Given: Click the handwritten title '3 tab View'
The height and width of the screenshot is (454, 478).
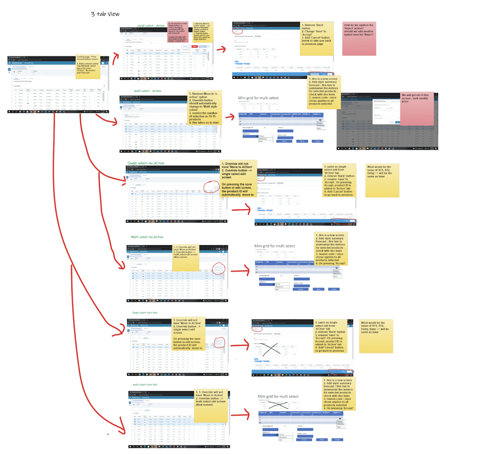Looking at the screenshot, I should pos(105,14).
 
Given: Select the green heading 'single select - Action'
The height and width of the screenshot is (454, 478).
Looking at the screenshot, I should pos(151,26).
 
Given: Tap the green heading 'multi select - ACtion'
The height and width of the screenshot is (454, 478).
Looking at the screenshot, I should pos(147,91).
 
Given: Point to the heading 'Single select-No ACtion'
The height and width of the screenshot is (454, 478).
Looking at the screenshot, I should pos(146,163).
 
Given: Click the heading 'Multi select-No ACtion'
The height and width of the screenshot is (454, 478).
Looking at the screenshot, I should pos(147,237).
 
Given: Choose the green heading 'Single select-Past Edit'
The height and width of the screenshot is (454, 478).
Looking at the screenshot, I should pos(145,313).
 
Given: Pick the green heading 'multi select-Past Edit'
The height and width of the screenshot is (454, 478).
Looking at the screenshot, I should pos(145,384).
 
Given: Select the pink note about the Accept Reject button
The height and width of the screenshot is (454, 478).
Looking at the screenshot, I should pos(178,32).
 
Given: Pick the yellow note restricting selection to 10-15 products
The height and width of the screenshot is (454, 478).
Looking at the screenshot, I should pos(203,108).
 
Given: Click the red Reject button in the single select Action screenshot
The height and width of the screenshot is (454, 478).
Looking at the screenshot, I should pos(195,47).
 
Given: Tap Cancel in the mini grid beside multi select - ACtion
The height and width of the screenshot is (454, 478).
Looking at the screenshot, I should pos(284,141).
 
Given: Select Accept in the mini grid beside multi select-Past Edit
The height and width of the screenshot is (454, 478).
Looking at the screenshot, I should pos(337,440).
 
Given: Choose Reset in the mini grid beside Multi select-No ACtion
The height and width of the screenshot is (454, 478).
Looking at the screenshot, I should pos(318,289).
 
